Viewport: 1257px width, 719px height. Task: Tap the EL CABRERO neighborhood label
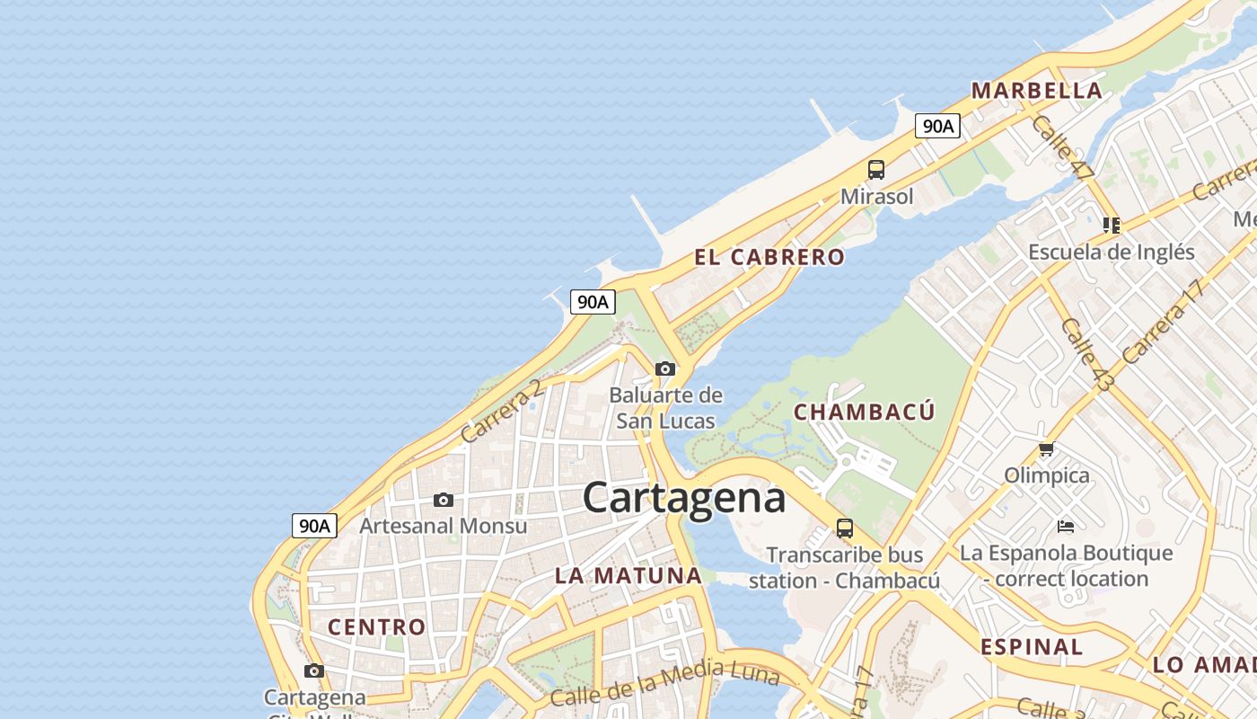pos(769,257)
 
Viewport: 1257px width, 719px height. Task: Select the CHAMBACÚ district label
pos(865,412)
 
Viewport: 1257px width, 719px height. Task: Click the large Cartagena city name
pos(684,497)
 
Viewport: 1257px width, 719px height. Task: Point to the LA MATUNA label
pos(628,575)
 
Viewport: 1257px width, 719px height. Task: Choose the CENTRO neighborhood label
pos(376,626)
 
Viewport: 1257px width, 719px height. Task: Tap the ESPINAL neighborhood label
pos(1031,646)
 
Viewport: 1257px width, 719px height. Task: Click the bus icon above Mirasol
pos(875,169)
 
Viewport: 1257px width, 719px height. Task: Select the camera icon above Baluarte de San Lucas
pos(665,368)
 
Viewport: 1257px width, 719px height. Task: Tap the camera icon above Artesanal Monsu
pos(443,500)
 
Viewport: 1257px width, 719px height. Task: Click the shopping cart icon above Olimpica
pos(1046,448)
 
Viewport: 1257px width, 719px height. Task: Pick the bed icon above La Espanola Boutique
pos(1066,526)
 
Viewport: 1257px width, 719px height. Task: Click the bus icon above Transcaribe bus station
pos(844,528)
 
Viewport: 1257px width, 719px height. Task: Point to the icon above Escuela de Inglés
pos(1112,225)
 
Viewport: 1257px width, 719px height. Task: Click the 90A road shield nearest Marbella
pos(937,126)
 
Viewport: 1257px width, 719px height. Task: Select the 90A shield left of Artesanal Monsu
pos(314,526)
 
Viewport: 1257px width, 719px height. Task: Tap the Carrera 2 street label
pos(501,412)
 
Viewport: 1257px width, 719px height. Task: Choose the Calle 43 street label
pos(1086,354)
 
